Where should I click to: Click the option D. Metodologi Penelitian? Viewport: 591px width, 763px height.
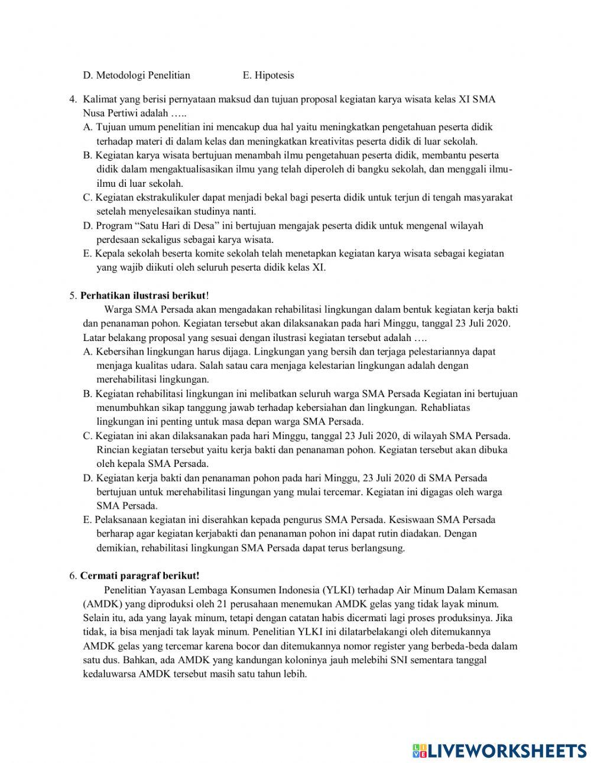[137, 75]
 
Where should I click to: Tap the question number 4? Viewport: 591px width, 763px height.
[73, 99]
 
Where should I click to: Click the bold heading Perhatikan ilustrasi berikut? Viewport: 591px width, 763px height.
[143, 295]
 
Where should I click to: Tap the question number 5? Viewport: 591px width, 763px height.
[73, 295]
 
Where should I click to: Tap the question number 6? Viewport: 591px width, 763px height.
[73, 575]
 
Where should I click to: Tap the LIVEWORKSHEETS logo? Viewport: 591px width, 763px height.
[499, 750]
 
